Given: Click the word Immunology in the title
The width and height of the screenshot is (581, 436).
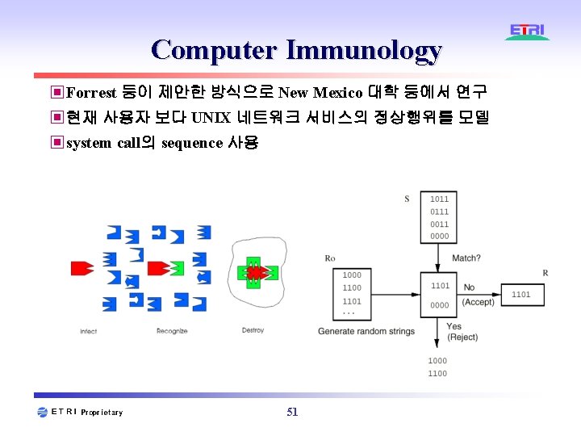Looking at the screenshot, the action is click(365, 50).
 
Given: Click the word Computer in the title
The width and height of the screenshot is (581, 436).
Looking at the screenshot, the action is click(213, 50).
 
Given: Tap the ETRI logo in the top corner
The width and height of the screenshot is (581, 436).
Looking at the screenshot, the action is click(528, 31).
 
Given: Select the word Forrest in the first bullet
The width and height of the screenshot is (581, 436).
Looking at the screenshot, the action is click(92, 93).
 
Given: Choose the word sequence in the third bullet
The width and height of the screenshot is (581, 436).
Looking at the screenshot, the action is click(191, 143).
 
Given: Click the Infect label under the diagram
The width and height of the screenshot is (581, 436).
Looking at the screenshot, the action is click(89, 331).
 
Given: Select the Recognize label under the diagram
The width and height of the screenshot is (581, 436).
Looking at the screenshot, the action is click(172, 331).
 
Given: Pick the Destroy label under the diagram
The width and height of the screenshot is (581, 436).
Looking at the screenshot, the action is click(253, 331).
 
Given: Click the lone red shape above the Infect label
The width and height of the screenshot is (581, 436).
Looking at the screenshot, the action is click(82, 267).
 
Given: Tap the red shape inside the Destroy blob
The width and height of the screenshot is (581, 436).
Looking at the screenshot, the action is click(256, 273).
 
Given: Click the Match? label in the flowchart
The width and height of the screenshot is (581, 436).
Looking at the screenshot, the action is click(466, 258).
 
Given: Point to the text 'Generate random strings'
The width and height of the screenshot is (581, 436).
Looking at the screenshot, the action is click(366, 331).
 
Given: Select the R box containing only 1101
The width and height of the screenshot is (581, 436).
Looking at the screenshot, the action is click(521, 295).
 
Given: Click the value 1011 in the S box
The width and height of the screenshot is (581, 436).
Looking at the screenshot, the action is click(439, 199).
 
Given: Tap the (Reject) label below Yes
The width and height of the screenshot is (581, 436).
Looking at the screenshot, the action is click(462, 337).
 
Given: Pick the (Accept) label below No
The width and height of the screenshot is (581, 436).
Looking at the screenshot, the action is click(478, 301).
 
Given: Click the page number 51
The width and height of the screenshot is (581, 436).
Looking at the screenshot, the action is click(292, 412).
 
